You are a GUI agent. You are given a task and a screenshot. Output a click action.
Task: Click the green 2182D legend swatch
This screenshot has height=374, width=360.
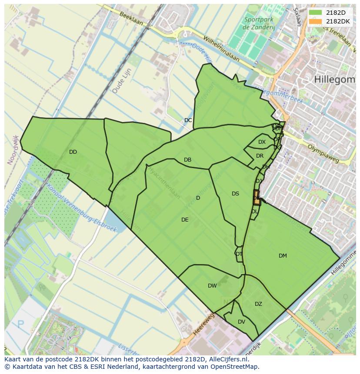(x=315, y=13)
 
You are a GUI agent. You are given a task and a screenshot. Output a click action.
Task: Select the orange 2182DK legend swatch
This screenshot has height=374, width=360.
(x=315, y=21)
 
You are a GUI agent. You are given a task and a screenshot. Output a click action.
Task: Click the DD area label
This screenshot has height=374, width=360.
(x=73, y=152)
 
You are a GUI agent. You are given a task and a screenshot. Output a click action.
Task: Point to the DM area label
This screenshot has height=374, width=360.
(x=283, y=256)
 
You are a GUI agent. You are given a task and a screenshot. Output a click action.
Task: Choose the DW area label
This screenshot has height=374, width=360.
(x=212, y=286)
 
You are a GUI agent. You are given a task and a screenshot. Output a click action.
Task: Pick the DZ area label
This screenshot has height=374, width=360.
(x=258, y=304)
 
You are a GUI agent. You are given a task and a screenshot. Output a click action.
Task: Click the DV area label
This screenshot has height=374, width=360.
(x=241, y=322)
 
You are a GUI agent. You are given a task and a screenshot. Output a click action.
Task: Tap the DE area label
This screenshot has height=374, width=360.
(x=185, y=220)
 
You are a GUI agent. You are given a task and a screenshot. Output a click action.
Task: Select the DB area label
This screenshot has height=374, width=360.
(x=187, y=160)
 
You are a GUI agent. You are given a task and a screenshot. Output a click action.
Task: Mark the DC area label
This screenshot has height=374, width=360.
(x=188, y=120)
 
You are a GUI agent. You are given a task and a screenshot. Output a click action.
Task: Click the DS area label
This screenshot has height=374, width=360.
(x=235, y=194)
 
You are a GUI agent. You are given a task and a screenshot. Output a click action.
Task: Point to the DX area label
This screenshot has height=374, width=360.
(x=262, y=142)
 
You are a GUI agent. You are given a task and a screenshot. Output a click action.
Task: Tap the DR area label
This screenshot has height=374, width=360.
(x=260, y=156)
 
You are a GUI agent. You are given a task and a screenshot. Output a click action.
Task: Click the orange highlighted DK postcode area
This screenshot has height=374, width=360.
(x=257, y=198)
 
